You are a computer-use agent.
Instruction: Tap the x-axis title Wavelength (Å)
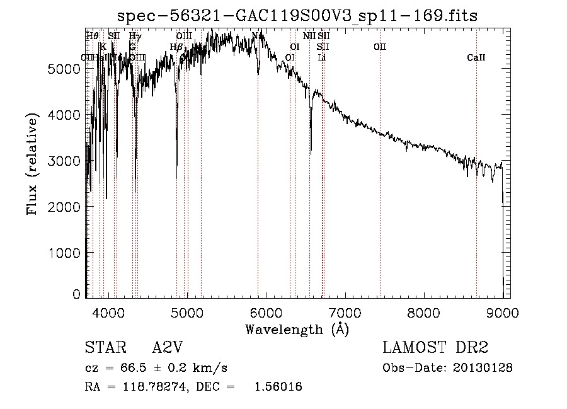297,328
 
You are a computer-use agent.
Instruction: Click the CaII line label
476,58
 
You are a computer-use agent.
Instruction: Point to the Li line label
322,58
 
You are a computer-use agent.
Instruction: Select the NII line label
309,37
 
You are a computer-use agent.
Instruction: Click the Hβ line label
176,47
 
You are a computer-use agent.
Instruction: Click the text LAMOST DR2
435,349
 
